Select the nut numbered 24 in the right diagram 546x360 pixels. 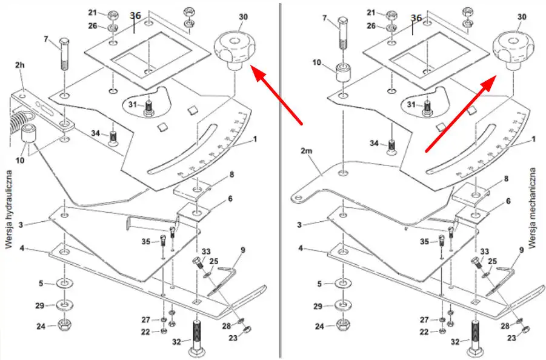point(342,327)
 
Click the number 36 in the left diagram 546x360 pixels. point(135,14)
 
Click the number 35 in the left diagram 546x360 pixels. point(146,242)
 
